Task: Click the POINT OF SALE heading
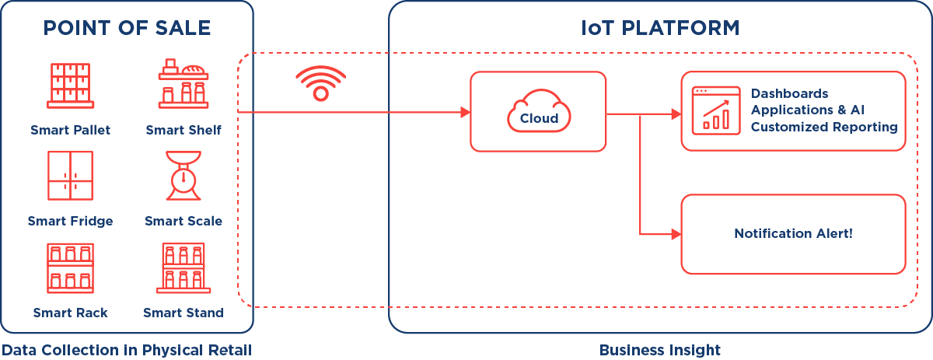pos(127,29)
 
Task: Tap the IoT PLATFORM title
pos(660,29)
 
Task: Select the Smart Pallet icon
pos(71,85)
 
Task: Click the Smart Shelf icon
pos(183,84)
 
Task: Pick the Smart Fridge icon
pos(70,176)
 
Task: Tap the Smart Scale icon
pos(183,176)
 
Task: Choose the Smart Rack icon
pos(70,267)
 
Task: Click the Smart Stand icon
pos(183,267)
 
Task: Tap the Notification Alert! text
pos(793,233)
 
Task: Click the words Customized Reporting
pos(823,127)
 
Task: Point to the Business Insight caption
pos(660,350)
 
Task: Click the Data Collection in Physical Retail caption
pos(126,350)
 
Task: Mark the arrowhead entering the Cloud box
pos(466,113)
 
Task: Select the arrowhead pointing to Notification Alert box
pos(676,232)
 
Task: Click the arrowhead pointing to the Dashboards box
pos(676,114)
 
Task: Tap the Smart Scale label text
pos(183,222)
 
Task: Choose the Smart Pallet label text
pos(70,130)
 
